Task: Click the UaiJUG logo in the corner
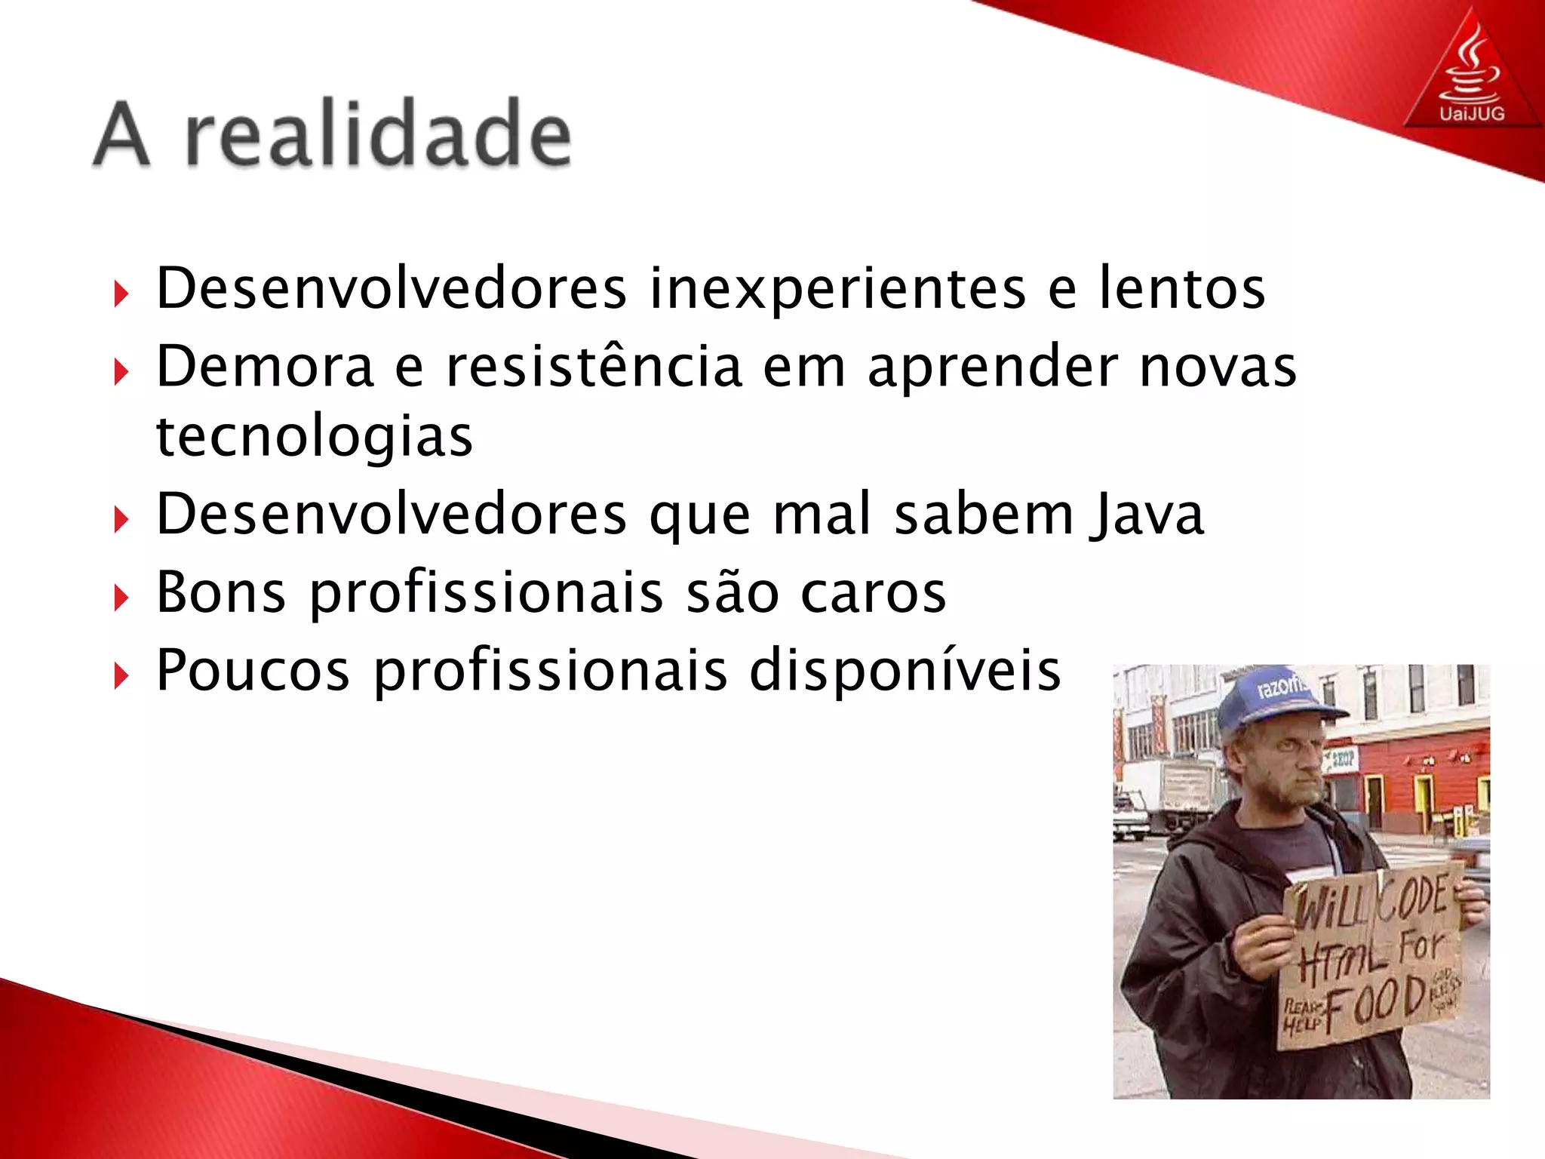(1471, 75)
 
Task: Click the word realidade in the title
(377, 134)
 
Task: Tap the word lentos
(1181, 288)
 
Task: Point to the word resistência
(594, 366)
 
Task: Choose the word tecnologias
(314, 437)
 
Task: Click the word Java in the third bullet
(1147, 515)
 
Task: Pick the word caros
(873, 592)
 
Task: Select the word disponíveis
(905, 670)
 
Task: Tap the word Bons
(220, 592)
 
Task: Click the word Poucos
(253, 670)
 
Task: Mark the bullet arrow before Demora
(121, 372)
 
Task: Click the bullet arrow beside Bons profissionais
(121, 598)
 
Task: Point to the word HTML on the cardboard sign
(1343, 958)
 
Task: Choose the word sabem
(984, 515)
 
